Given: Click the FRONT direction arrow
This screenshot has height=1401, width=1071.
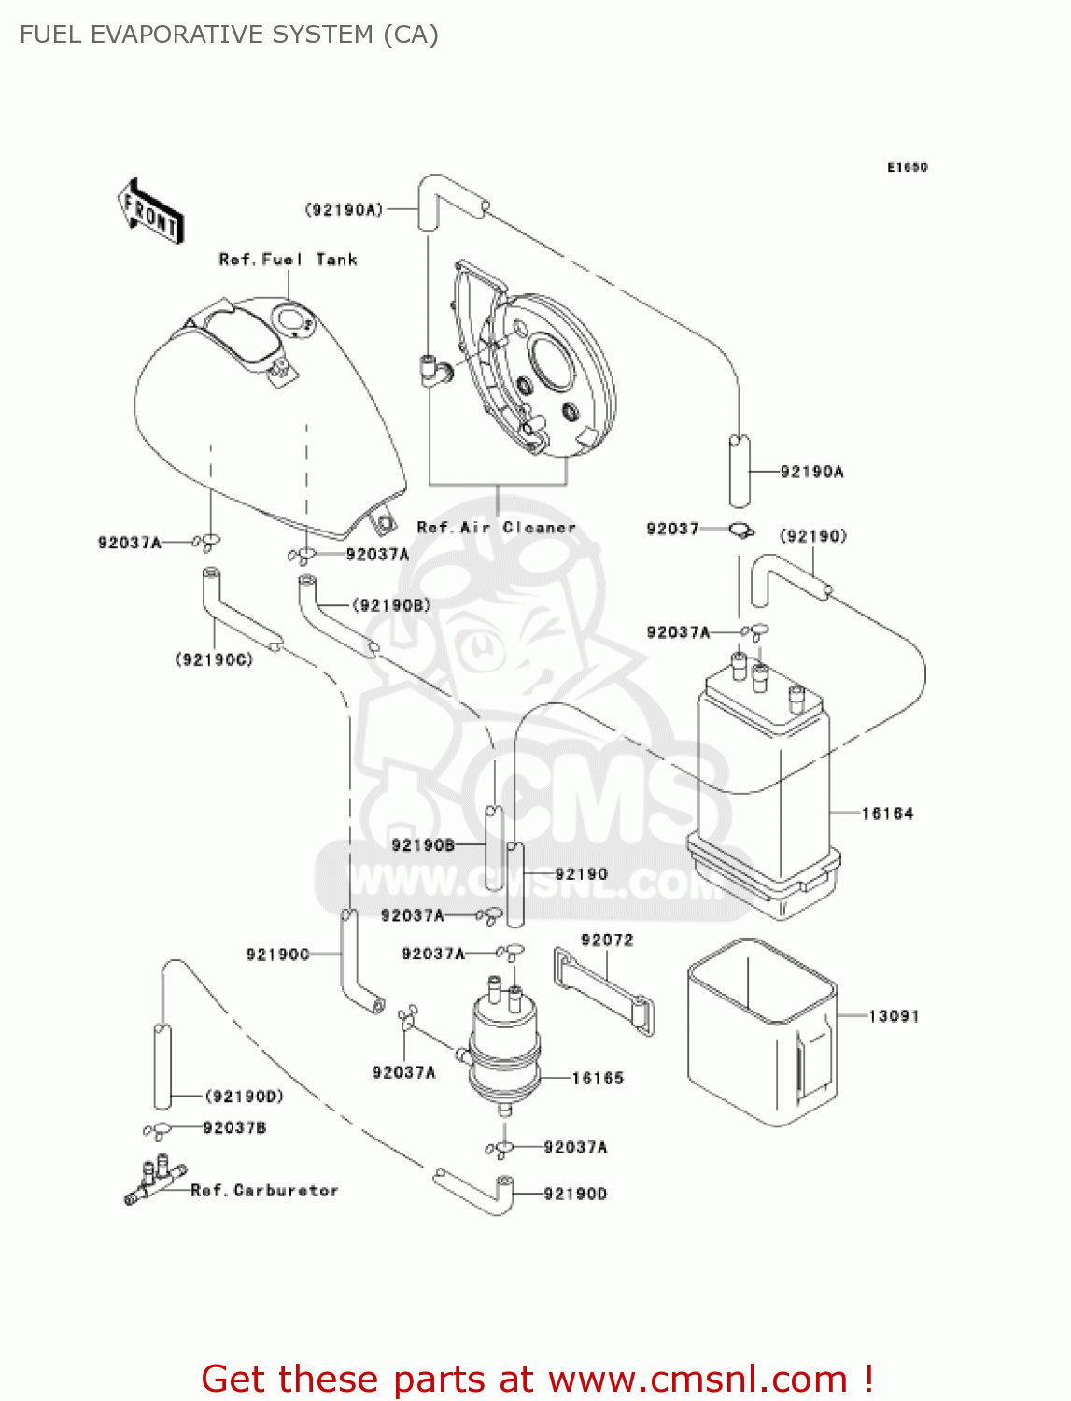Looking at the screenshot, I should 150,211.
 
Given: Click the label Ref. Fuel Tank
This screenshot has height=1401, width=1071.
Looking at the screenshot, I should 288,260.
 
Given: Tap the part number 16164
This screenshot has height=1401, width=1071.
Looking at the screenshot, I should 887,814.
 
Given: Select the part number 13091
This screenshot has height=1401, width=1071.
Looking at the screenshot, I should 894,1015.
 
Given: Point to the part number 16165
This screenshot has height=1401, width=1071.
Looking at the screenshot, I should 598,1078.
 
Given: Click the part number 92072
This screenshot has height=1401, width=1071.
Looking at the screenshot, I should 607,940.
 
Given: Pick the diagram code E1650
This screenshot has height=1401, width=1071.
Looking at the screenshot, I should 907,167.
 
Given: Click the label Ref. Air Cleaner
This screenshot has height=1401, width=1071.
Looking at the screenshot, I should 496,527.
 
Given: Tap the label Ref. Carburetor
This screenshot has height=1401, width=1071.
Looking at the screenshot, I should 264,1190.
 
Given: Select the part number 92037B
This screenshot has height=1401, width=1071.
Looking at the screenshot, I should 234,1127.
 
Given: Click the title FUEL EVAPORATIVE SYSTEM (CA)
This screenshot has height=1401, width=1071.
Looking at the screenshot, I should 229,35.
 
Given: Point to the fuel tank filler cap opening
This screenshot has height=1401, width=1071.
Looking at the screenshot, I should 293,322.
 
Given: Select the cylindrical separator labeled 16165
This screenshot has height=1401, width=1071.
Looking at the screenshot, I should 505,1046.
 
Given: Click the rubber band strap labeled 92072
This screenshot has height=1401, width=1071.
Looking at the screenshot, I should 603,989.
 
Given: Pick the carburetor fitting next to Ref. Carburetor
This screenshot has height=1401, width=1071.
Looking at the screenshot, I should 153,1181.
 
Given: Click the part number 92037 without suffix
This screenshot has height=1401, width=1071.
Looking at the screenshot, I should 672,529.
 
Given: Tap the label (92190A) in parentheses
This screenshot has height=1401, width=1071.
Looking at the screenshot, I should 344,209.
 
